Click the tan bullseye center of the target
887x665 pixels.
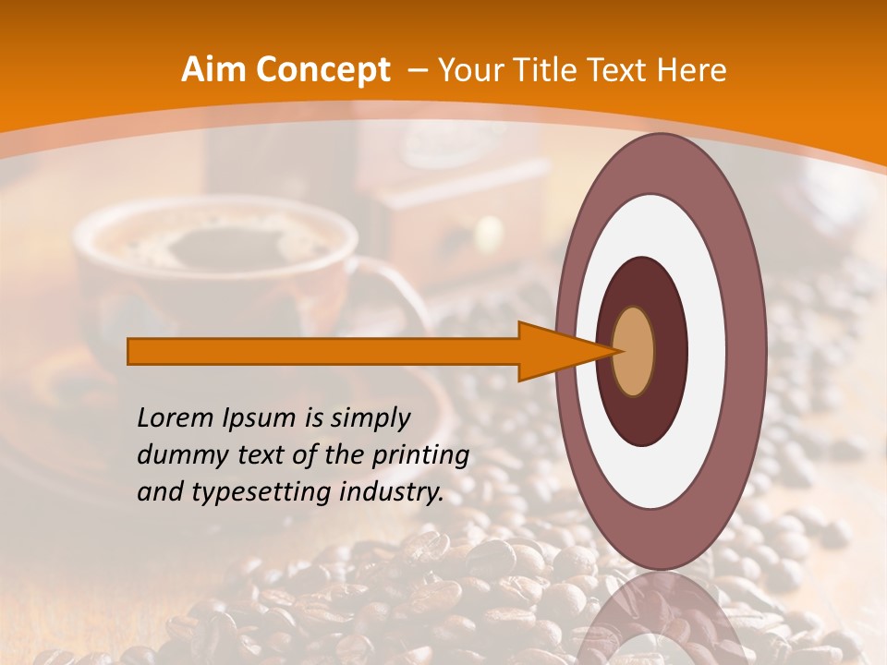click(x=633, y=351)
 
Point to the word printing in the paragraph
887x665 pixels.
click(x=421, y=456)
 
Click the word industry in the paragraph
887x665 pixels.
click(x=387, y=493)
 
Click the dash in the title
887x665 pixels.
click(x=417, y=70)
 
